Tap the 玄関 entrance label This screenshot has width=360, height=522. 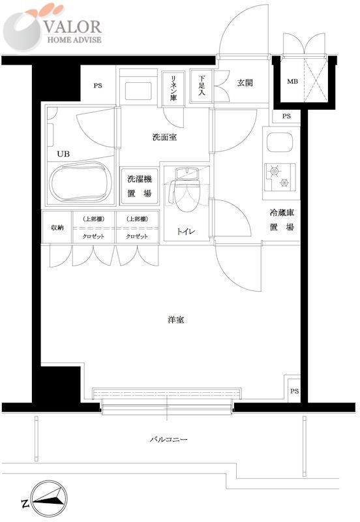pos(245,83)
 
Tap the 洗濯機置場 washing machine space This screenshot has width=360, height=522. pos(139,185)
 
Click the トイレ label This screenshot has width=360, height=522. pos(184,231)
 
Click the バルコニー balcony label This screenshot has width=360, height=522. pos(168,440)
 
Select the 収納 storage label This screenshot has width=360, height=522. pos(57,227)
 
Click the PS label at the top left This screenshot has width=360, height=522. pos(97,85)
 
